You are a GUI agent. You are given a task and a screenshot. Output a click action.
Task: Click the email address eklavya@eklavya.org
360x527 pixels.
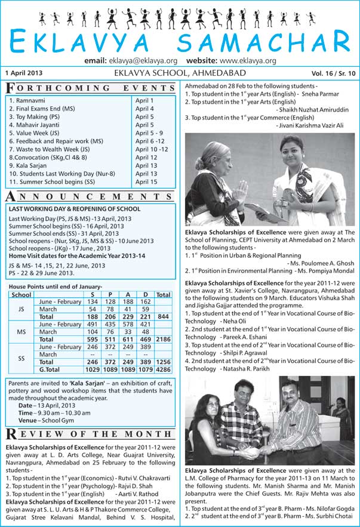tap(143, 61)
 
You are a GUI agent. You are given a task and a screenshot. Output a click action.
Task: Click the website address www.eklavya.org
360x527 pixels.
tap(248, 61)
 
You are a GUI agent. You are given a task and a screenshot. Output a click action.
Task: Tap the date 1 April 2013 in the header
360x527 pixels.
tap(23, 73)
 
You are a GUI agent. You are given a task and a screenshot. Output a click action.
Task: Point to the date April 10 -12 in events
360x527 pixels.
tap(152, 149)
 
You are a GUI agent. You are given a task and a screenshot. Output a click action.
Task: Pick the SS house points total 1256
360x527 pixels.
tap(163, 362)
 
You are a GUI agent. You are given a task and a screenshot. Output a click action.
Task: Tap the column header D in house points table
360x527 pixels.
tap(146, 294)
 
